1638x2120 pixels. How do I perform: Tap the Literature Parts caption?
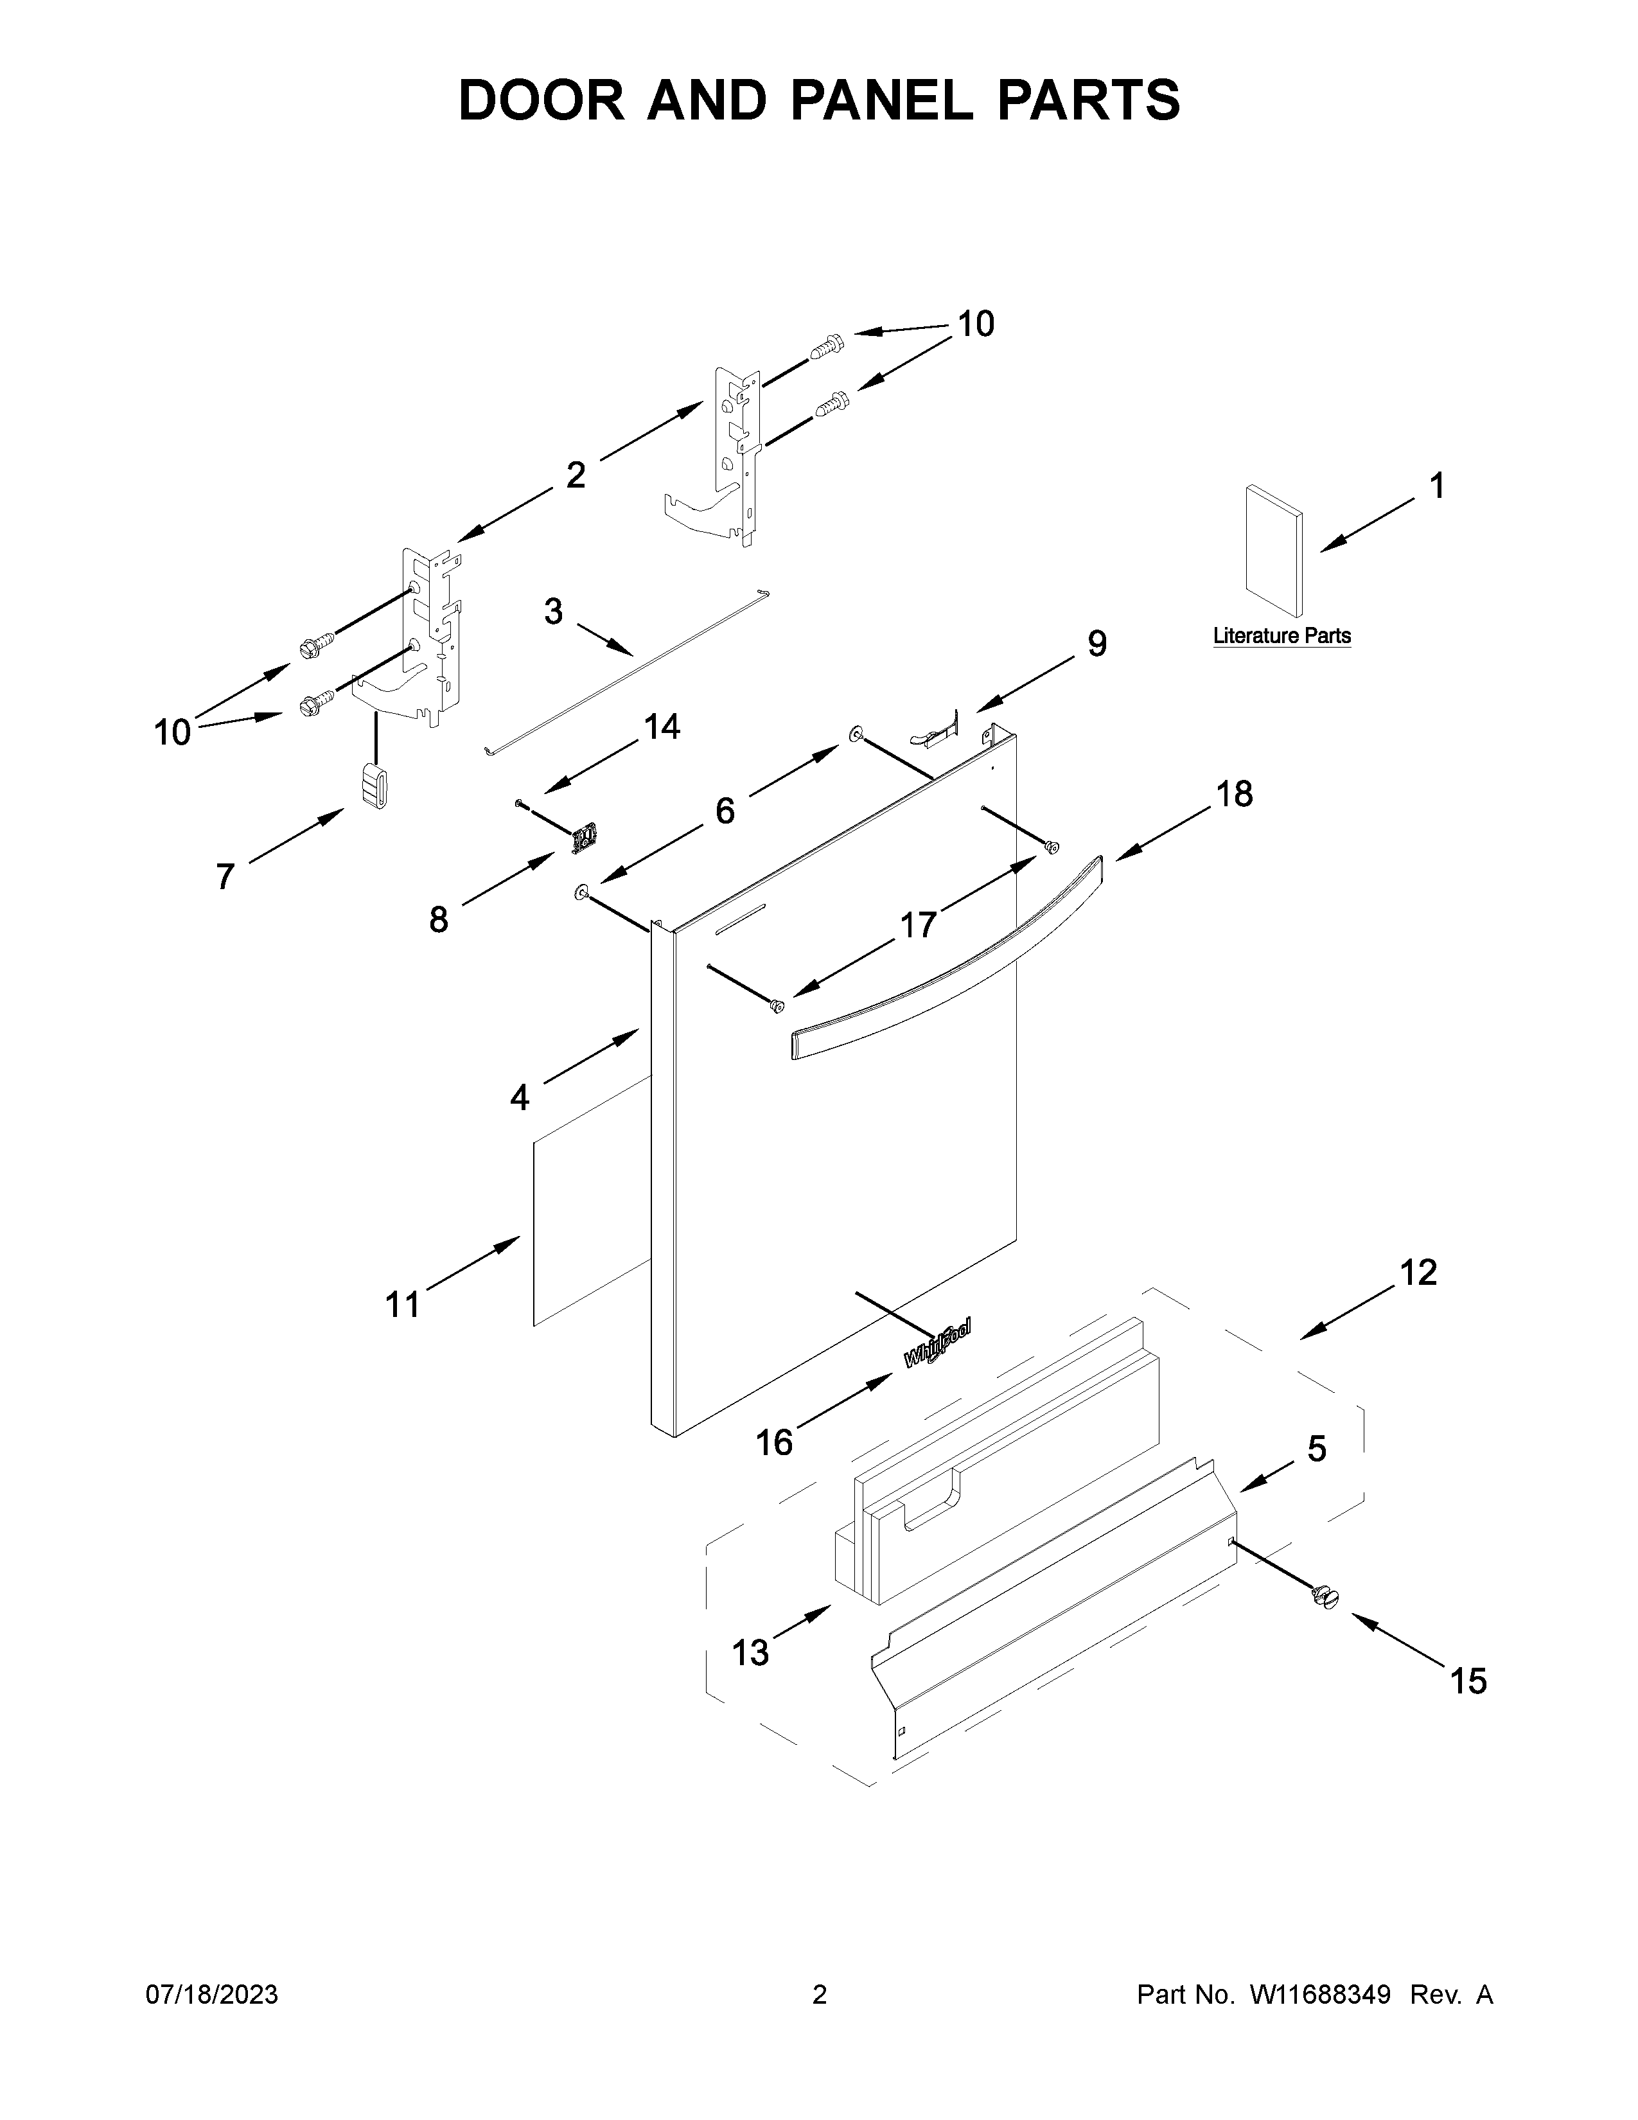[x=1282, y=636]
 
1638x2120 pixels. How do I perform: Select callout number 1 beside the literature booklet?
[x=1437, y=485]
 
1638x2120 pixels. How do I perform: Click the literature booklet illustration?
[x=1273, y=551]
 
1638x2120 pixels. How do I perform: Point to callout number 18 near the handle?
[x=1235, y=794]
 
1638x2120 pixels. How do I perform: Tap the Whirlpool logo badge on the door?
[x=937, y=1345]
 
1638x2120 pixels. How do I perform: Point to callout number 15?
[x=1468, y=1681]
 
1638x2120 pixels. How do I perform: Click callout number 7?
[x=225, y=876]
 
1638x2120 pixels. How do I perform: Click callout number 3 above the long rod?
[x=553, y=612]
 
